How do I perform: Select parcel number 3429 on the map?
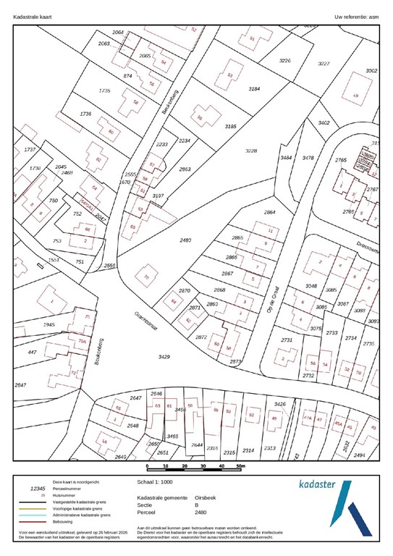click(x=164, y=358)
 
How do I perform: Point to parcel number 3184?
click(x=253, y=88)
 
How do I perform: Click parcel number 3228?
click(x=251, y=151)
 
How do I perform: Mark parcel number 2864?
click(x=269, y=212)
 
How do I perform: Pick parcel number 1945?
click(x=48, y=325)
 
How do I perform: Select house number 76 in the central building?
click(x=146, y=277)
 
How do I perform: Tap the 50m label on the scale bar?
click(x=241, y=467)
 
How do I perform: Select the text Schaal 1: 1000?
click(x=155, y=480)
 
